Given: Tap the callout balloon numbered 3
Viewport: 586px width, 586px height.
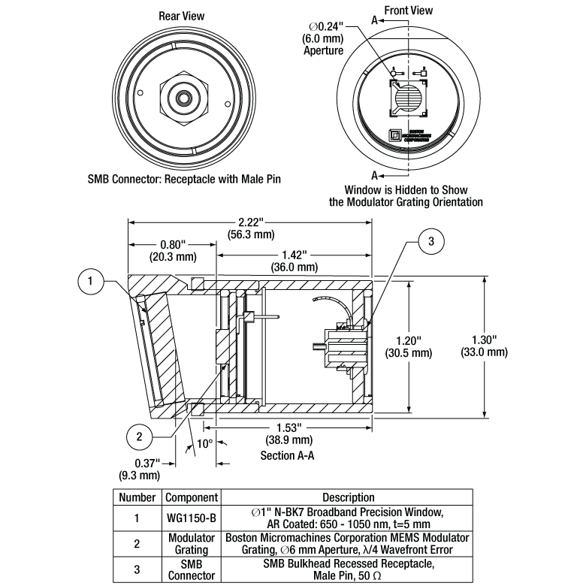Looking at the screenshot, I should coord(430,241).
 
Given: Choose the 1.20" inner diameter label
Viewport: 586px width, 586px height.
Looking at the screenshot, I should coord(406,345).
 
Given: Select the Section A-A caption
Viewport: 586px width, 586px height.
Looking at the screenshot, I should coord(287,456).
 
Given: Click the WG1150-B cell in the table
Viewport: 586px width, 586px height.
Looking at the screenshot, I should coord(191,518).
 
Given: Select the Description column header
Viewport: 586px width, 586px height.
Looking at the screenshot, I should coord(348,497).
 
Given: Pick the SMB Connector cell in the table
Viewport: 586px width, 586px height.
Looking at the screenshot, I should coord(191,569).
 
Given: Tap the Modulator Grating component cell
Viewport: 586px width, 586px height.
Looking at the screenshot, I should coord(191,543).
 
